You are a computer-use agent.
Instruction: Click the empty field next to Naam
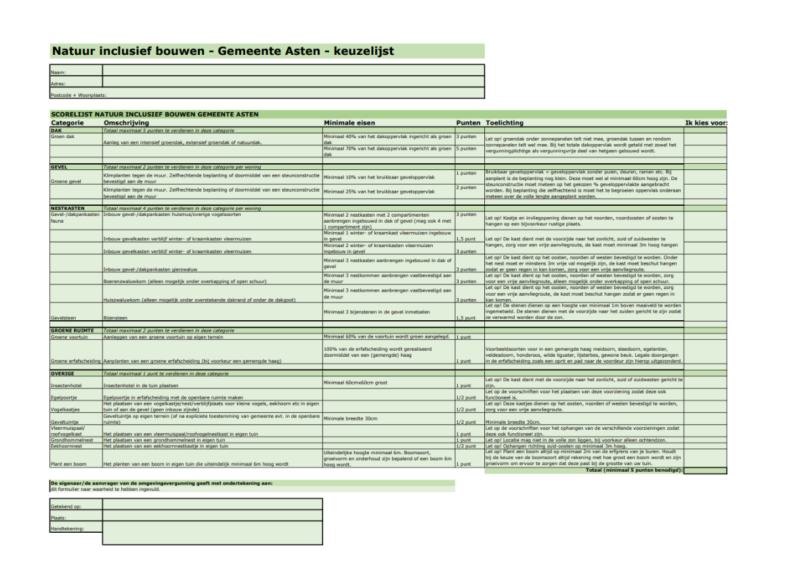293,70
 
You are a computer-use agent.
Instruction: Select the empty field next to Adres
293,83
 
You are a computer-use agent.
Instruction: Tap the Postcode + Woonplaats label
79,95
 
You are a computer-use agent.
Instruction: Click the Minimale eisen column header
349,123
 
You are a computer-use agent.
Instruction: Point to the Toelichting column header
505,123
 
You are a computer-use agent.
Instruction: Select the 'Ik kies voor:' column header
706,123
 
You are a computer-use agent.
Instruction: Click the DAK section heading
56,130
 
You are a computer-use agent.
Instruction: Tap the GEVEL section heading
59,166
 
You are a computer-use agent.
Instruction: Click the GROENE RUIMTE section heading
72,330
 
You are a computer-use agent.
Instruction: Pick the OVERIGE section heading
62,373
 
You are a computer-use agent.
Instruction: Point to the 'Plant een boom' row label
68,464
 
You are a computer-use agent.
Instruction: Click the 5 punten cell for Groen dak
467,148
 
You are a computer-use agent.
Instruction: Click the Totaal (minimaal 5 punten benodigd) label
634,469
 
